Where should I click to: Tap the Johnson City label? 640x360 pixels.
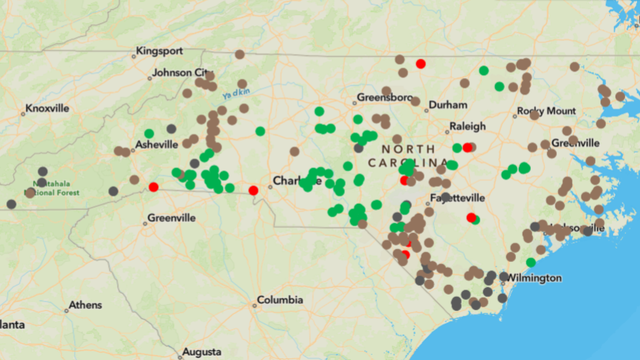point(179,73)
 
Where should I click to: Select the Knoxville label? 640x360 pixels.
point(46,107)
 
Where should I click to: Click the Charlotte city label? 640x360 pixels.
point(296,182)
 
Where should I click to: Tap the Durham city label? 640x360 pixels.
point(447,104)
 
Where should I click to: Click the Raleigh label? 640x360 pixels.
point(467,127)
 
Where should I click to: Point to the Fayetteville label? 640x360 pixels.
point(457,197)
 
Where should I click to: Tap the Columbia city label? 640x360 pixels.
point(279,300)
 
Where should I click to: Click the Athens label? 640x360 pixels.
point(84,304)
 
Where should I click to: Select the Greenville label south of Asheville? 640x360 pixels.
point(171,217)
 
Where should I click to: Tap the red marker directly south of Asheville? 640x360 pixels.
point(153,187)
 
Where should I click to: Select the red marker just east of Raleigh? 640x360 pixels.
point(468,147)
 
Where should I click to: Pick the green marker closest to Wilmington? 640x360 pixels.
point(531,262)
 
